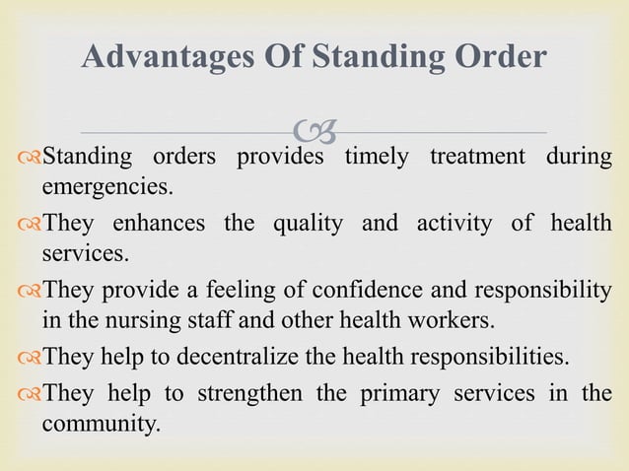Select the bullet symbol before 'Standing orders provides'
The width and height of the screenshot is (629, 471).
tap(29, 158)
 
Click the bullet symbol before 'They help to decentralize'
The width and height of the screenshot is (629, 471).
tap(29, 357)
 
